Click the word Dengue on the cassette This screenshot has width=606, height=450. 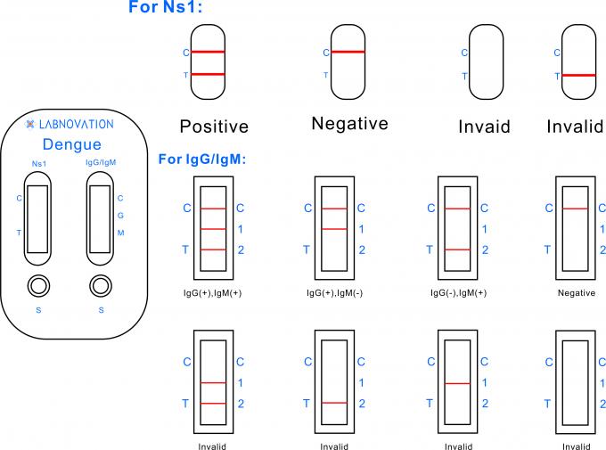(72, 144)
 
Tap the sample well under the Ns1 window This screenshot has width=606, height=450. (38, 286)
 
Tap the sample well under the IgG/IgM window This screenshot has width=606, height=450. (101, 286)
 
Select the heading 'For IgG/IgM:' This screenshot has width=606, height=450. (201, 160)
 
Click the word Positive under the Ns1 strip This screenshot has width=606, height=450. (214, 127)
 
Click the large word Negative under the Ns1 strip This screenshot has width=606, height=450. (349, 124)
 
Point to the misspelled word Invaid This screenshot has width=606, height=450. (484, 127)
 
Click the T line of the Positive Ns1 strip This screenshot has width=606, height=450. (214, 74)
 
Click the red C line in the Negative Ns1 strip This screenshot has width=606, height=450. (348, 52)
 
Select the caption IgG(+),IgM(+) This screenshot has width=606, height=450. (214, 292)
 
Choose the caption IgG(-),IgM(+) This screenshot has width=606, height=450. (458, 292)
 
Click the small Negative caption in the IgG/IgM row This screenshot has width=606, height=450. (576, 292)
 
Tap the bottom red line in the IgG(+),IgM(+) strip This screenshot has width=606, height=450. (214, 250)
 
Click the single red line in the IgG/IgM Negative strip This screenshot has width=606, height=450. (576, 209)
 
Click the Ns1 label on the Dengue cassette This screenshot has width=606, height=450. (38, 163)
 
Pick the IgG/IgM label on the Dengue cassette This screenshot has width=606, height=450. (101, 163)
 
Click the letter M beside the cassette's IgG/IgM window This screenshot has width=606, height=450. (120, 233)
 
